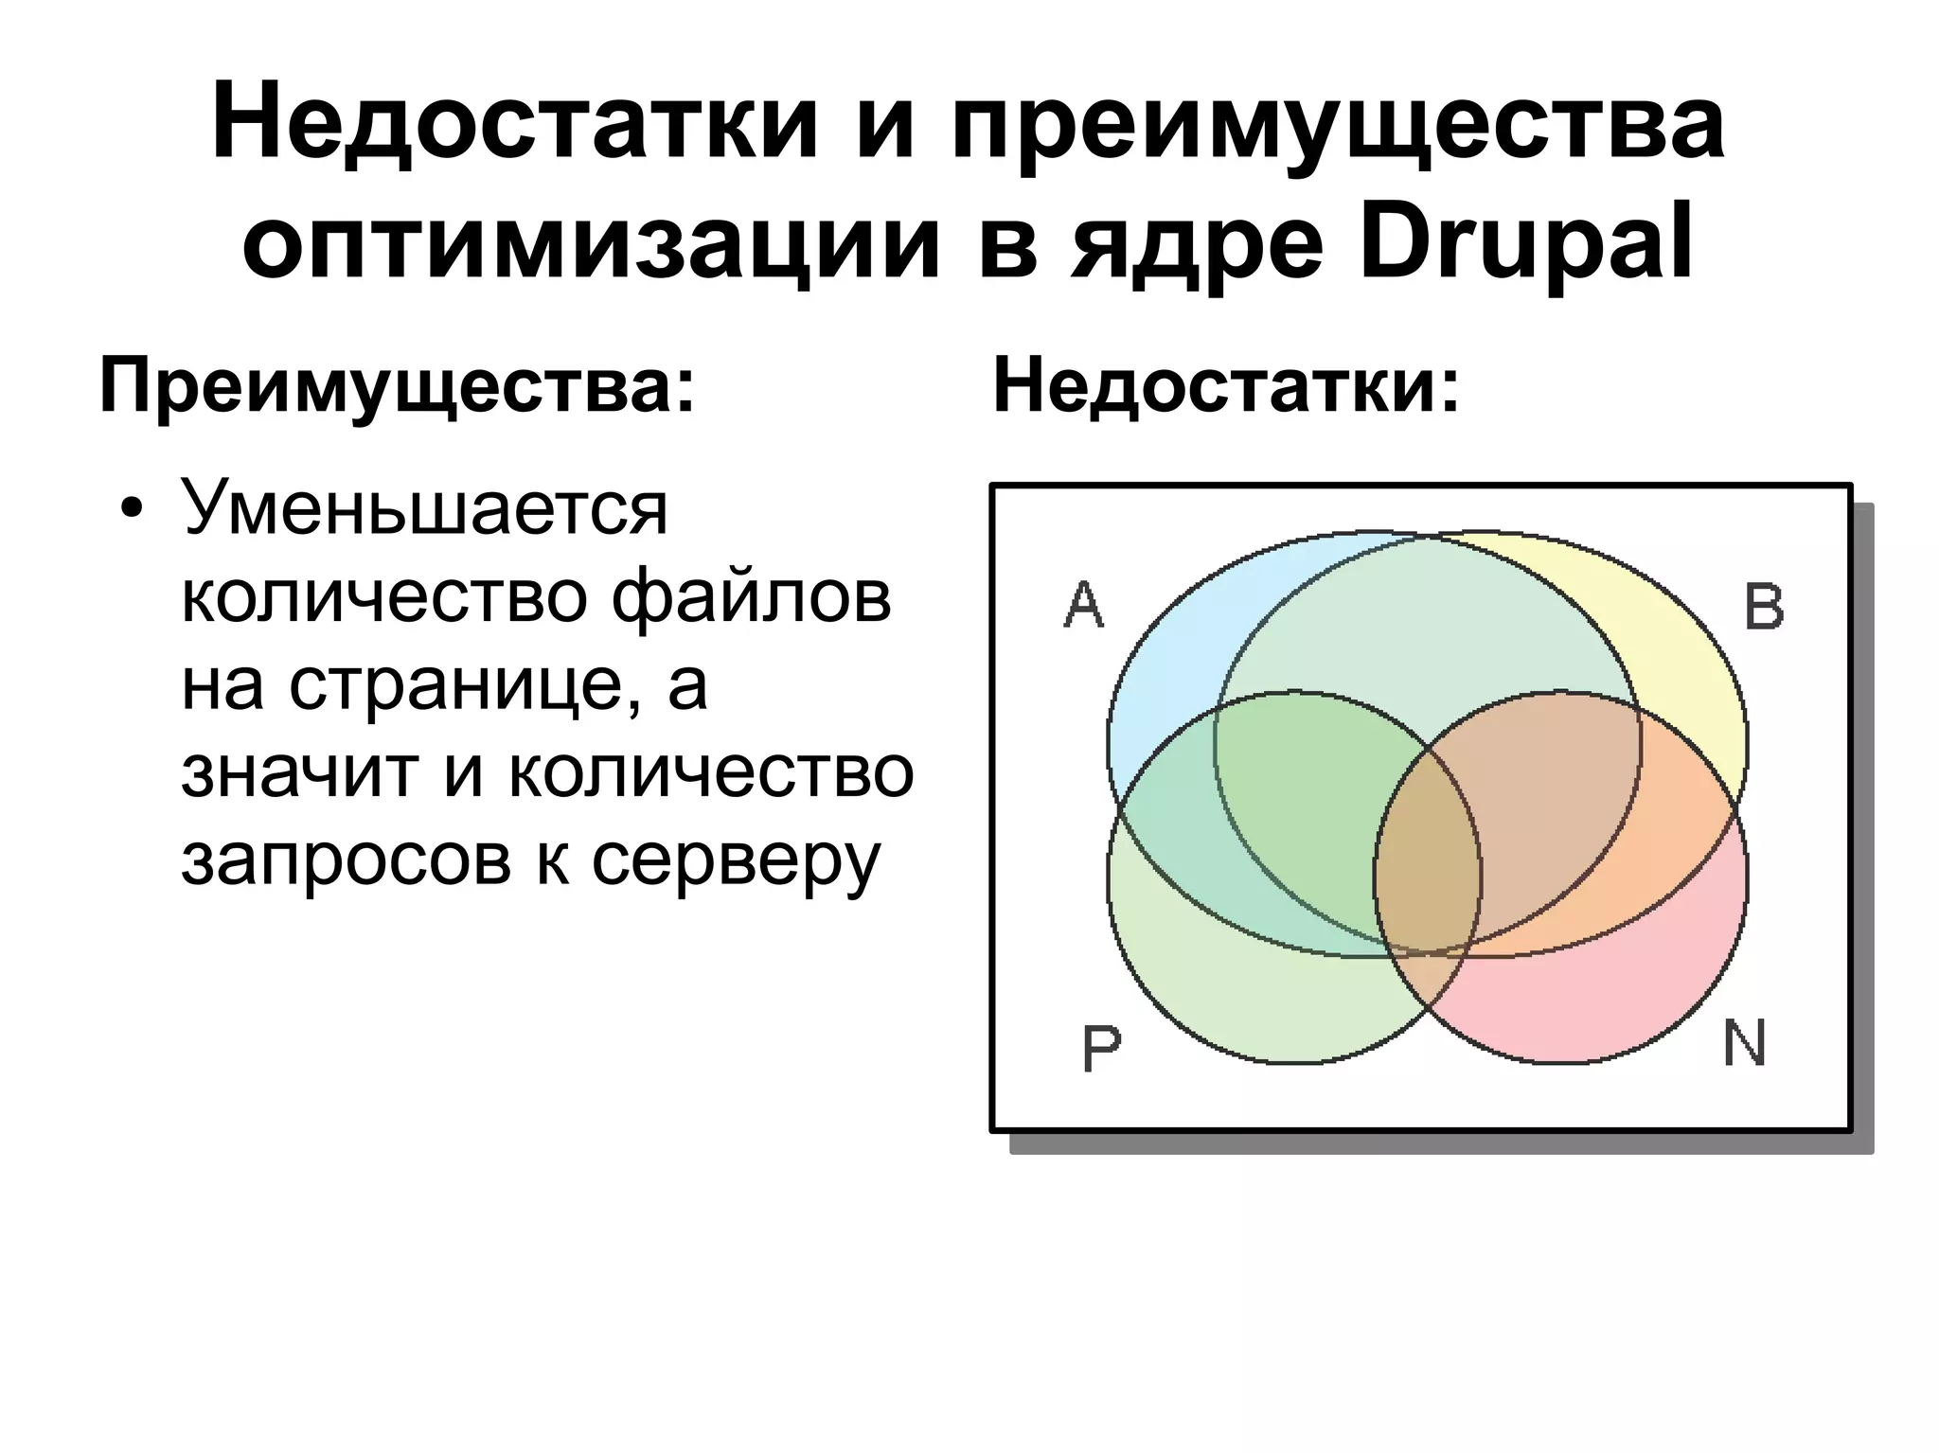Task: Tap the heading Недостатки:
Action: coord(1226,387)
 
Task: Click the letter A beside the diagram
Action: coord(1084,605)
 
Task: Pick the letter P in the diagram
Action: coord(1101,1048)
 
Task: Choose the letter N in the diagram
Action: coord(1744,1043)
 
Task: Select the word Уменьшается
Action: coord(425,509)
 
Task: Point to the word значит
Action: coord(298,771)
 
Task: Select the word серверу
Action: coord(736,861)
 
